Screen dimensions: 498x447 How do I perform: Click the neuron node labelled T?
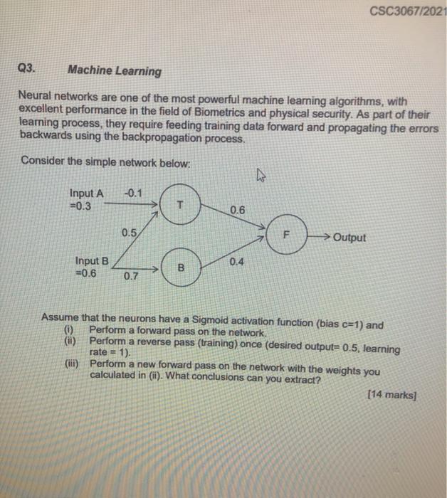click(181, 203)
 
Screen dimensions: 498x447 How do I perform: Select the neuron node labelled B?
click(181, 268)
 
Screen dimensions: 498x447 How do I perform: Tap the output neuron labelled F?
click(288, 232)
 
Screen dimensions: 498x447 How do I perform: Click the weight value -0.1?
click(132, 191)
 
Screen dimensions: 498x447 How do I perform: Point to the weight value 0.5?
click(129, 232)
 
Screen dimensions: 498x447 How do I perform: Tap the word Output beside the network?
click(349, 237)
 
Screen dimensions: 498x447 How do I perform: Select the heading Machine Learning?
click(114, 71)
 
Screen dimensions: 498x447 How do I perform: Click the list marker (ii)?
click(70, 341)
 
